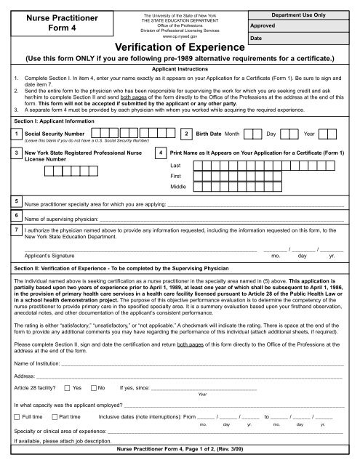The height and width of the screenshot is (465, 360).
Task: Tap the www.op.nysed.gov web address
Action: tap(179, 35)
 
